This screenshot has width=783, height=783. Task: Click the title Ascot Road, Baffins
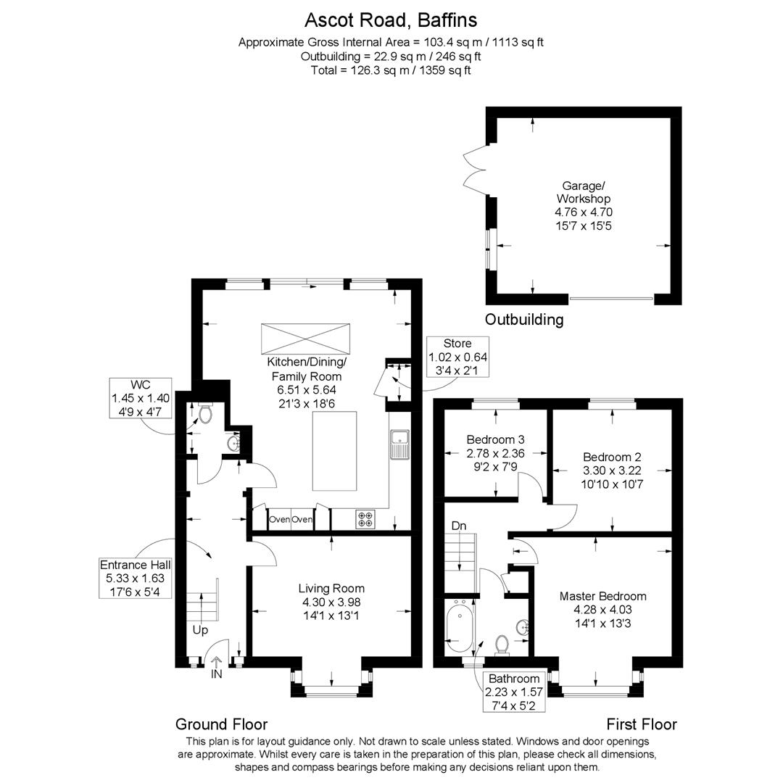(x=391, y=20)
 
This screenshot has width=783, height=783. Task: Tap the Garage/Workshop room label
(x=583, y=192)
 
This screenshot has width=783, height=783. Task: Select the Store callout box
(x=457, y=357)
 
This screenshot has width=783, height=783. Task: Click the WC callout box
(x=141, y=398)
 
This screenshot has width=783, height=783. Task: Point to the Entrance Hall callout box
(x=136, y=578)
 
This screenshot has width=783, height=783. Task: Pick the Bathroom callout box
(x=514, y=692)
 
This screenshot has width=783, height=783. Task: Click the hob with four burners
(x=365, y=519)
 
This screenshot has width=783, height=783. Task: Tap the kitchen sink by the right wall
(x=400, y=444)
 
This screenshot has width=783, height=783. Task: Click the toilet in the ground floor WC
(x=205, y=413)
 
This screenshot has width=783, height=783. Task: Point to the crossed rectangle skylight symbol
(x=306, y=339)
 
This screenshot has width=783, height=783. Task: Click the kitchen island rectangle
(x=334, y=451)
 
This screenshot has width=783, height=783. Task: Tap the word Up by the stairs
(x=200, y=630)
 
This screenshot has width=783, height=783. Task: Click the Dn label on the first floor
(x=459, y=526)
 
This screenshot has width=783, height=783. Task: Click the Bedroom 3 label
(x=495, y=439)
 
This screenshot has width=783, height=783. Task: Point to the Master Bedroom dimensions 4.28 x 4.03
(x=602, y=610)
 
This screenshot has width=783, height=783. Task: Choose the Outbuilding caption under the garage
(x=524, y=320)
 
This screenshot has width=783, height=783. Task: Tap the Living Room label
(x=331, y=589)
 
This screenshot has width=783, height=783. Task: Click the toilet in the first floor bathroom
(x=502, y=645)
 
